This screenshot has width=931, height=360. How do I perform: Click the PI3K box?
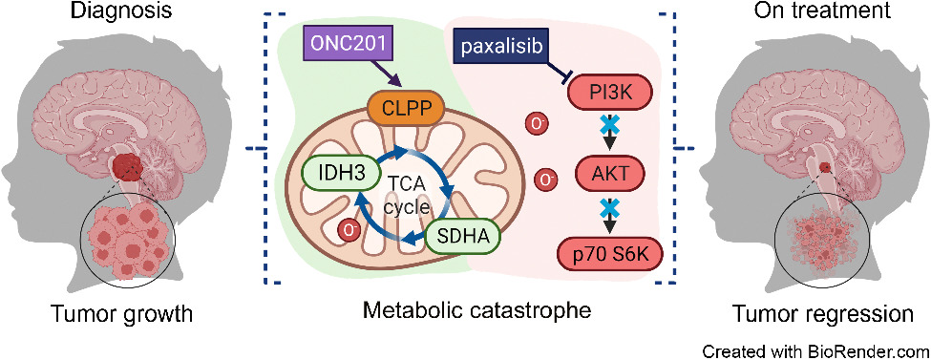(x=603, y=93)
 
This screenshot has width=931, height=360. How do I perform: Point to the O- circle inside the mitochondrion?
(x=350, y=229)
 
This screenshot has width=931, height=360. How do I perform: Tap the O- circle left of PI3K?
(x=537, y=123)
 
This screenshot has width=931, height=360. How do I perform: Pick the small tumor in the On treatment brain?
(x=822, y=169)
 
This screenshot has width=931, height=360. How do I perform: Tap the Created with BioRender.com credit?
(x=815, y=349)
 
